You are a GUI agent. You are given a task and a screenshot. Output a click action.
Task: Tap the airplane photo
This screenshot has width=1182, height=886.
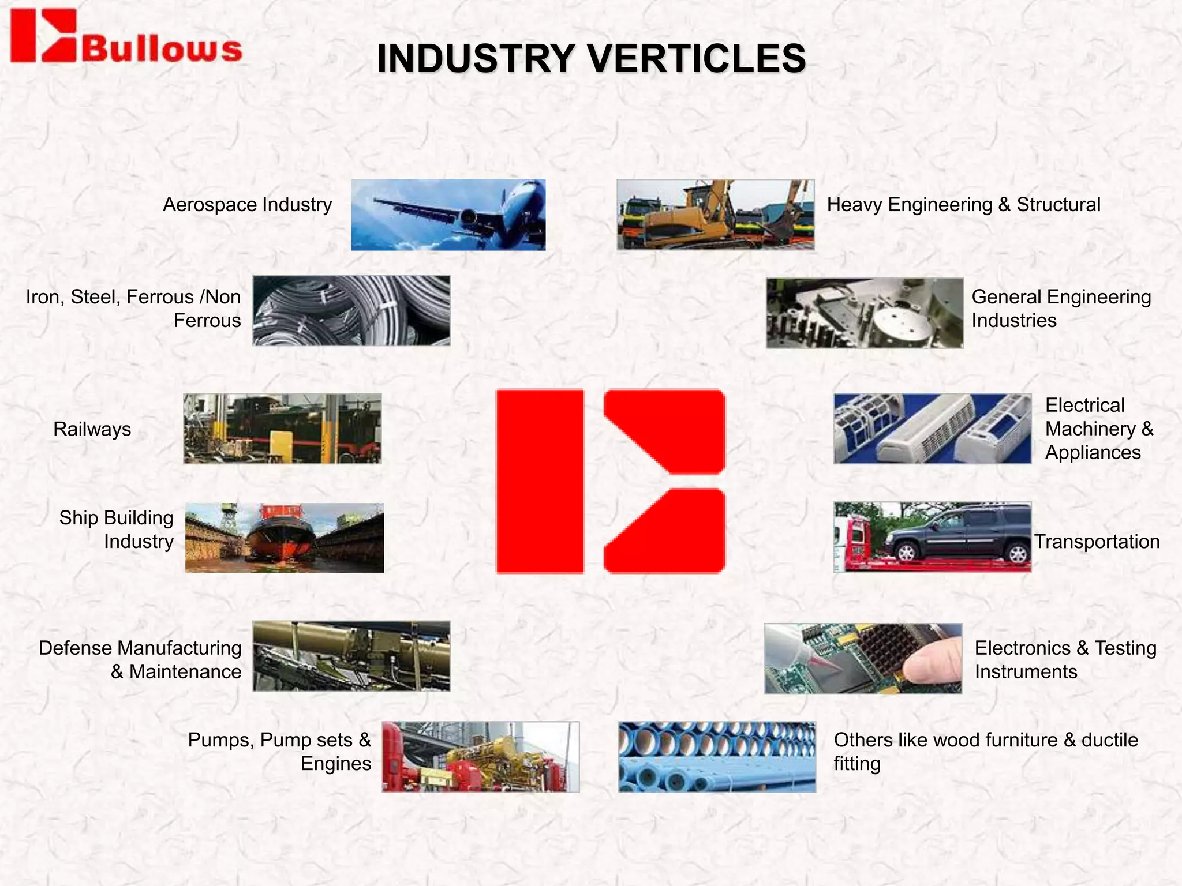pos(448,215)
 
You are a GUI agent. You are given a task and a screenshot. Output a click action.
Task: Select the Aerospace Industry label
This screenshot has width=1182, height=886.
pos(247,205)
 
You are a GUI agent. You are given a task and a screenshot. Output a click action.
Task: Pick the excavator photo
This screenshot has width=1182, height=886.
pos(715,215)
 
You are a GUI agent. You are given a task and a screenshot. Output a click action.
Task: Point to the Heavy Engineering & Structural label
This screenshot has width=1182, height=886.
pos(963,205)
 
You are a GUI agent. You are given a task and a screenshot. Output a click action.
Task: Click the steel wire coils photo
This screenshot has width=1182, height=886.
pos(351,310)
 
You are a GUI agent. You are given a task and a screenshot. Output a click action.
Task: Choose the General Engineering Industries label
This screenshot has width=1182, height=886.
pos(1061,309)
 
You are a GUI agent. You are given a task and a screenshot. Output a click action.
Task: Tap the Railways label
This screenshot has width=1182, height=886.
pos(92,429)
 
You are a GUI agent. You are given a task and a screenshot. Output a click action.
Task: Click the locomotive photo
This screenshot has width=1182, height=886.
pos(282,429)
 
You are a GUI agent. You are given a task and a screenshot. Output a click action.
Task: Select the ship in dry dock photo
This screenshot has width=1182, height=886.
pos(285,538)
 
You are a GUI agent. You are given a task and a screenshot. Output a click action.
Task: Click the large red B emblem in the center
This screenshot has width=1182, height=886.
pos(610,482)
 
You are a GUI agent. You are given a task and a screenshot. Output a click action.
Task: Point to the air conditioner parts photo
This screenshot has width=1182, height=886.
pos(932,429)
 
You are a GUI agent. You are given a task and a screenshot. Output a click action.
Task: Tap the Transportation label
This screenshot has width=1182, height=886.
pos(1097,542)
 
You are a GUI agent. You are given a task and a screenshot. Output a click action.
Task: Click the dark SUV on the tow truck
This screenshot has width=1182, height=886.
pos(958,534)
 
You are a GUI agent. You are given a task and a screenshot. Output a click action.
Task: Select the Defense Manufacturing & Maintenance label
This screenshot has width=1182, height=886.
pos(140,660)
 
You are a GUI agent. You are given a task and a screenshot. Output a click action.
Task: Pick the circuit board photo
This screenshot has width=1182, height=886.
pos(863,658)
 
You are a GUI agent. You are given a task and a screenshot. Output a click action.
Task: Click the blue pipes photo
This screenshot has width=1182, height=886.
pos(717,757)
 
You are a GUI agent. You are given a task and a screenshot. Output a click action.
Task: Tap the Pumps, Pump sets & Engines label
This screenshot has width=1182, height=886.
pos(279,752)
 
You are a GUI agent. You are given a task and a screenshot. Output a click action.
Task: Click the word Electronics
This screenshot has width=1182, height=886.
pos(1022,648)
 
